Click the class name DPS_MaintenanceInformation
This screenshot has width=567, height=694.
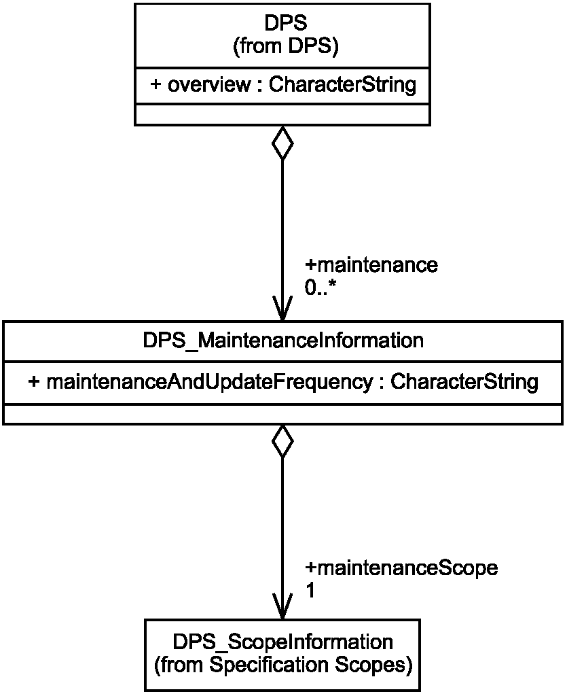[x=283, y=341]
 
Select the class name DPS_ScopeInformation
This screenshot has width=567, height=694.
[x=282, y=642]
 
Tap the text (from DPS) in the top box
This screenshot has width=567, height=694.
[x=286, y=46]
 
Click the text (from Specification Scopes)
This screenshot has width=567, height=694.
[x=283, y=665]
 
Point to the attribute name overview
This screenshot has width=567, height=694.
[x=209, y=84]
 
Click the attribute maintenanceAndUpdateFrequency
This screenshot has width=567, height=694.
[x=210, y=381]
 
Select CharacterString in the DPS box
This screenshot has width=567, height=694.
[x=343, y=84]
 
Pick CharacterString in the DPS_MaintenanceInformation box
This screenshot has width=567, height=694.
[x=464, y=381]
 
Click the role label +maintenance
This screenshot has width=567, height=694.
[x=371, y=265]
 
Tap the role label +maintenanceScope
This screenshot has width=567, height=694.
[x=401, y=568]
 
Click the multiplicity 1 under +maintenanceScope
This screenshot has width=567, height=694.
[x=310, y=591]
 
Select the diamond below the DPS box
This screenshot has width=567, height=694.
[x=282, y=143]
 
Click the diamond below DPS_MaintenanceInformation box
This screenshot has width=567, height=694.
[x=282, y=441]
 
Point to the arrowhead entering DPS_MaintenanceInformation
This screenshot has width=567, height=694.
[x=282, y=309]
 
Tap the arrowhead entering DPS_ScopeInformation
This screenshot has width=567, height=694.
[x=282, y=606]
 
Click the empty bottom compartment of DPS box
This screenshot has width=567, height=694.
[x=282, y=115]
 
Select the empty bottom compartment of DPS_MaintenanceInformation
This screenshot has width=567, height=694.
[x=283, y=414]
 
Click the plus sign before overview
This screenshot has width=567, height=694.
[x=156, y=84]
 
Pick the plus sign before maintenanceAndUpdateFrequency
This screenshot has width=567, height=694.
[x=34, y=381]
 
